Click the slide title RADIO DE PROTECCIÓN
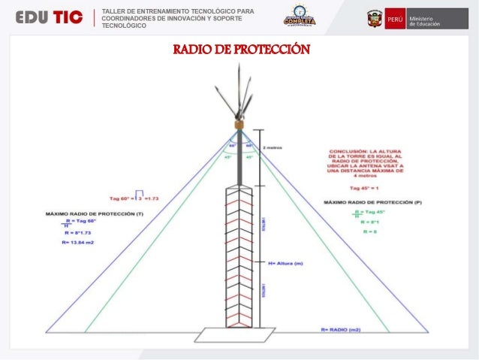[x=240, y=50]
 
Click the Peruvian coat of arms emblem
[x=373, y=19]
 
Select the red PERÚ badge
[x=394, y=19]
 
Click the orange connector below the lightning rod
[x=239, y=124]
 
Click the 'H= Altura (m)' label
[x=288, y=264]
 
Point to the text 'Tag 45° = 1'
[x=366, y=188]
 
